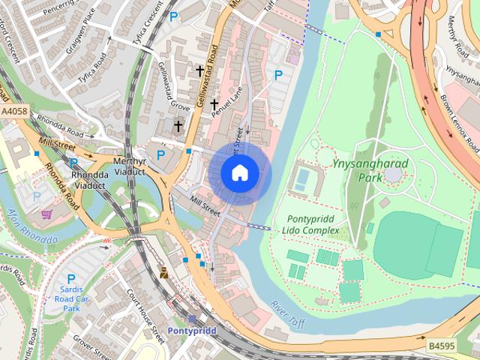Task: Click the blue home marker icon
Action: pos(240,173)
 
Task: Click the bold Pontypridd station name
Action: pos(192,330)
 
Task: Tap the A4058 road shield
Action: pos(14,112)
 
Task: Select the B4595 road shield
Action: pos(442,346)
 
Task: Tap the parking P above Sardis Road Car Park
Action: pos(71,278)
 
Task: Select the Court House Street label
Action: pos(145,313)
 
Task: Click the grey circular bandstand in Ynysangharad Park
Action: pos(393,175)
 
